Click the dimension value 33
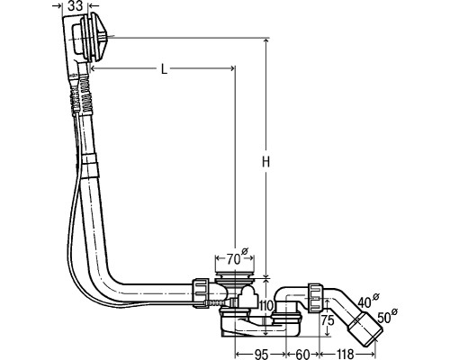pyautogui.click(x=75, y=5)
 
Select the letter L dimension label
pyautogui.click(x=164, y=69)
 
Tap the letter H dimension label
pyautogui.click(x=265, y=162)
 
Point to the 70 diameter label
pyautogui.click(x=237, y=257)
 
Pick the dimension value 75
pyautogui.click(x=328, y=320)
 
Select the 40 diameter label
pyautogui.click(x=368, y=301)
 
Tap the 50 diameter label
pyautogui.click(x=387, y=316)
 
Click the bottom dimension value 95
pyautogui.click(x=260, y=355)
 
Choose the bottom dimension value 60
pyautogui.click(x=301, y=355)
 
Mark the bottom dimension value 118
pyautogui.click(x=345, y=355)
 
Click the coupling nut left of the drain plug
pyautogui.click(x=201, y=292)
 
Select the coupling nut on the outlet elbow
pyautogui.click(x=315, y=297)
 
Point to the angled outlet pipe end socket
pyautogui.click(x=365, y=330)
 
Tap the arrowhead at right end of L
pyautogui.click(x=231, y=69)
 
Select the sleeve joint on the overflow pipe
pyautogui.click(x=90, y=166)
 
